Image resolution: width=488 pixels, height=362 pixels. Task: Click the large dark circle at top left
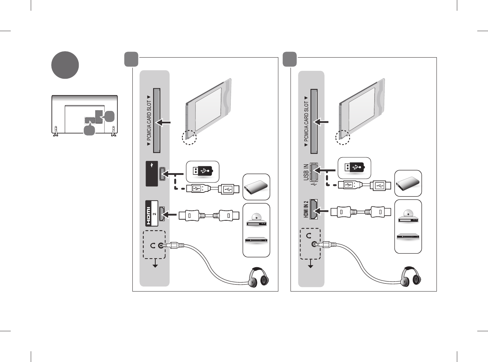(x=65, y=65)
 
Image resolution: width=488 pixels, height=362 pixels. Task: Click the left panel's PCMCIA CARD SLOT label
(x=149, y=120)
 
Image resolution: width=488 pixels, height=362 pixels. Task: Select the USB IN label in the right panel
(x=306, y=172)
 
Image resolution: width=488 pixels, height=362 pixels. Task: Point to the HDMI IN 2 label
(x=306, y=209)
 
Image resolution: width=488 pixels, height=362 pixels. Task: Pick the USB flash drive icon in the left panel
(x=202, y=171)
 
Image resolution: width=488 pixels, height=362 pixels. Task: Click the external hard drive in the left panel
(x=256, y=187)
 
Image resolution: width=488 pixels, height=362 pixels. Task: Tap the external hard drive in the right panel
(x=408, y=184)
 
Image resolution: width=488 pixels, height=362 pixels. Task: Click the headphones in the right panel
(x=410, y=276)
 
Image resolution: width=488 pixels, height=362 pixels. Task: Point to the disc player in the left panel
(x=256, y=220)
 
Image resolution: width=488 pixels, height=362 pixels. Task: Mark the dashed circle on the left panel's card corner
(x=190, y=137)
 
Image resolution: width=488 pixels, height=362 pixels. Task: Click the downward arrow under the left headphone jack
(x=155, y=264)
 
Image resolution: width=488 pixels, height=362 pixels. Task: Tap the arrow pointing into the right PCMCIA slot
(x=321, y=122)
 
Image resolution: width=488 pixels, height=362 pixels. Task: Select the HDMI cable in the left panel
(x=209, y=216)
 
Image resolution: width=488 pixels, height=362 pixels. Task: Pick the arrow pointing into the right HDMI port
(x=323, y=211)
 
